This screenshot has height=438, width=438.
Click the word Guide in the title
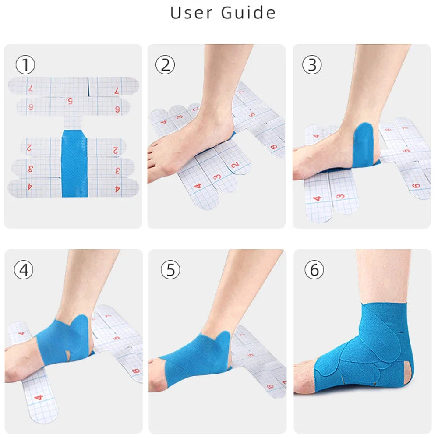248,12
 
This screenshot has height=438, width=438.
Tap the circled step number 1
25,65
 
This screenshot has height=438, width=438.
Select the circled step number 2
165,65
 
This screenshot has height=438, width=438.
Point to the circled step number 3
312,65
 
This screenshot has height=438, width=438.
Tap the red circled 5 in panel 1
70,101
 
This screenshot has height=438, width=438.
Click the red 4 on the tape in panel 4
38,398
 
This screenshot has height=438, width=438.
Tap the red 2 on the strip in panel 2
235,165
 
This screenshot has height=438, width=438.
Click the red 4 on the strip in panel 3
318,198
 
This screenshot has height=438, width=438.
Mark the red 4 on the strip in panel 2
198,186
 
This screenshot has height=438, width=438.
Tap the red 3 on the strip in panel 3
340,197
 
